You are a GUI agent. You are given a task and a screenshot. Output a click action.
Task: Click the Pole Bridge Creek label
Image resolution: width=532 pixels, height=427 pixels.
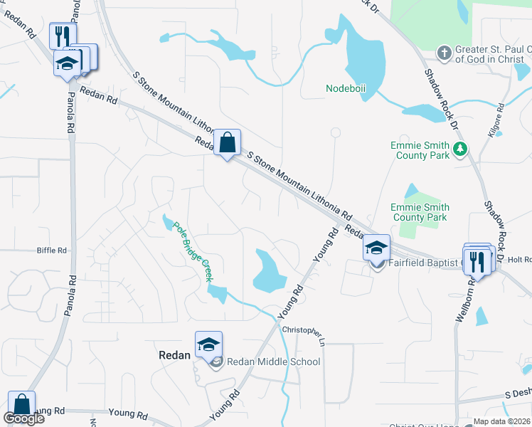click(193, 249)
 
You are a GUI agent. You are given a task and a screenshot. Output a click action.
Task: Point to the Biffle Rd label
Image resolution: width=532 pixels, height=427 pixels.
click(52, 251)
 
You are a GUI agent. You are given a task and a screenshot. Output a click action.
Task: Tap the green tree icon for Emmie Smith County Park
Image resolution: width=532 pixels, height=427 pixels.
click(460, 148)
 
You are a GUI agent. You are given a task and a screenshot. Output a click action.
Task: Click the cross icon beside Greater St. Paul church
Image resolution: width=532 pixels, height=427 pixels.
click(444, 52)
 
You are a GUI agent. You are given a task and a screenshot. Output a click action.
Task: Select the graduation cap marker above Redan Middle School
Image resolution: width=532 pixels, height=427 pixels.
click(208, 344)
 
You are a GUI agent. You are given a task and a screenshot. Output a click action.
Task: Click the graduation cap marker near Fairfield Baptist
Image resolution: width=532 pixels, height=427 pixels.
click(376, 248)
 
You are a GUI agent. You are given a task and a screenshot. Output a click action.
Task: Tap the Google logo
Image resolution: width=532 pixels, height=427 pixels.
click(23, 418)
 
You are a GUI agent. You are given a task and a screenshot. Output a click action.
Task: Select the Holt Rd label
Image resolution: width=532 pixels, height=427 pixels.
click(519, 260)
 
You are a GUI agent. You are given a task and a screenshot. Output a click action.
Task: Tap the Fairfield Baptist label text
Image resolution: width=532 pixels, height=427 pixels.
click(424, 263)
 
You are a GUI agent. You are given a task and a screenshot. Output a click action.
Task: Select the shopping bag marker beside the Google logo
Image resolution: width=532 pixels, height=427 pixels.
click(21, 404)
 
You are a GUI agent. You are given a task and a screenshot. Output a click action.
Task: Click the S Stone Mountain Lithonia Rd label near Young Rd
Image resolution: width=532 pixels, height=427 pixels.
click(299, 184)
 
